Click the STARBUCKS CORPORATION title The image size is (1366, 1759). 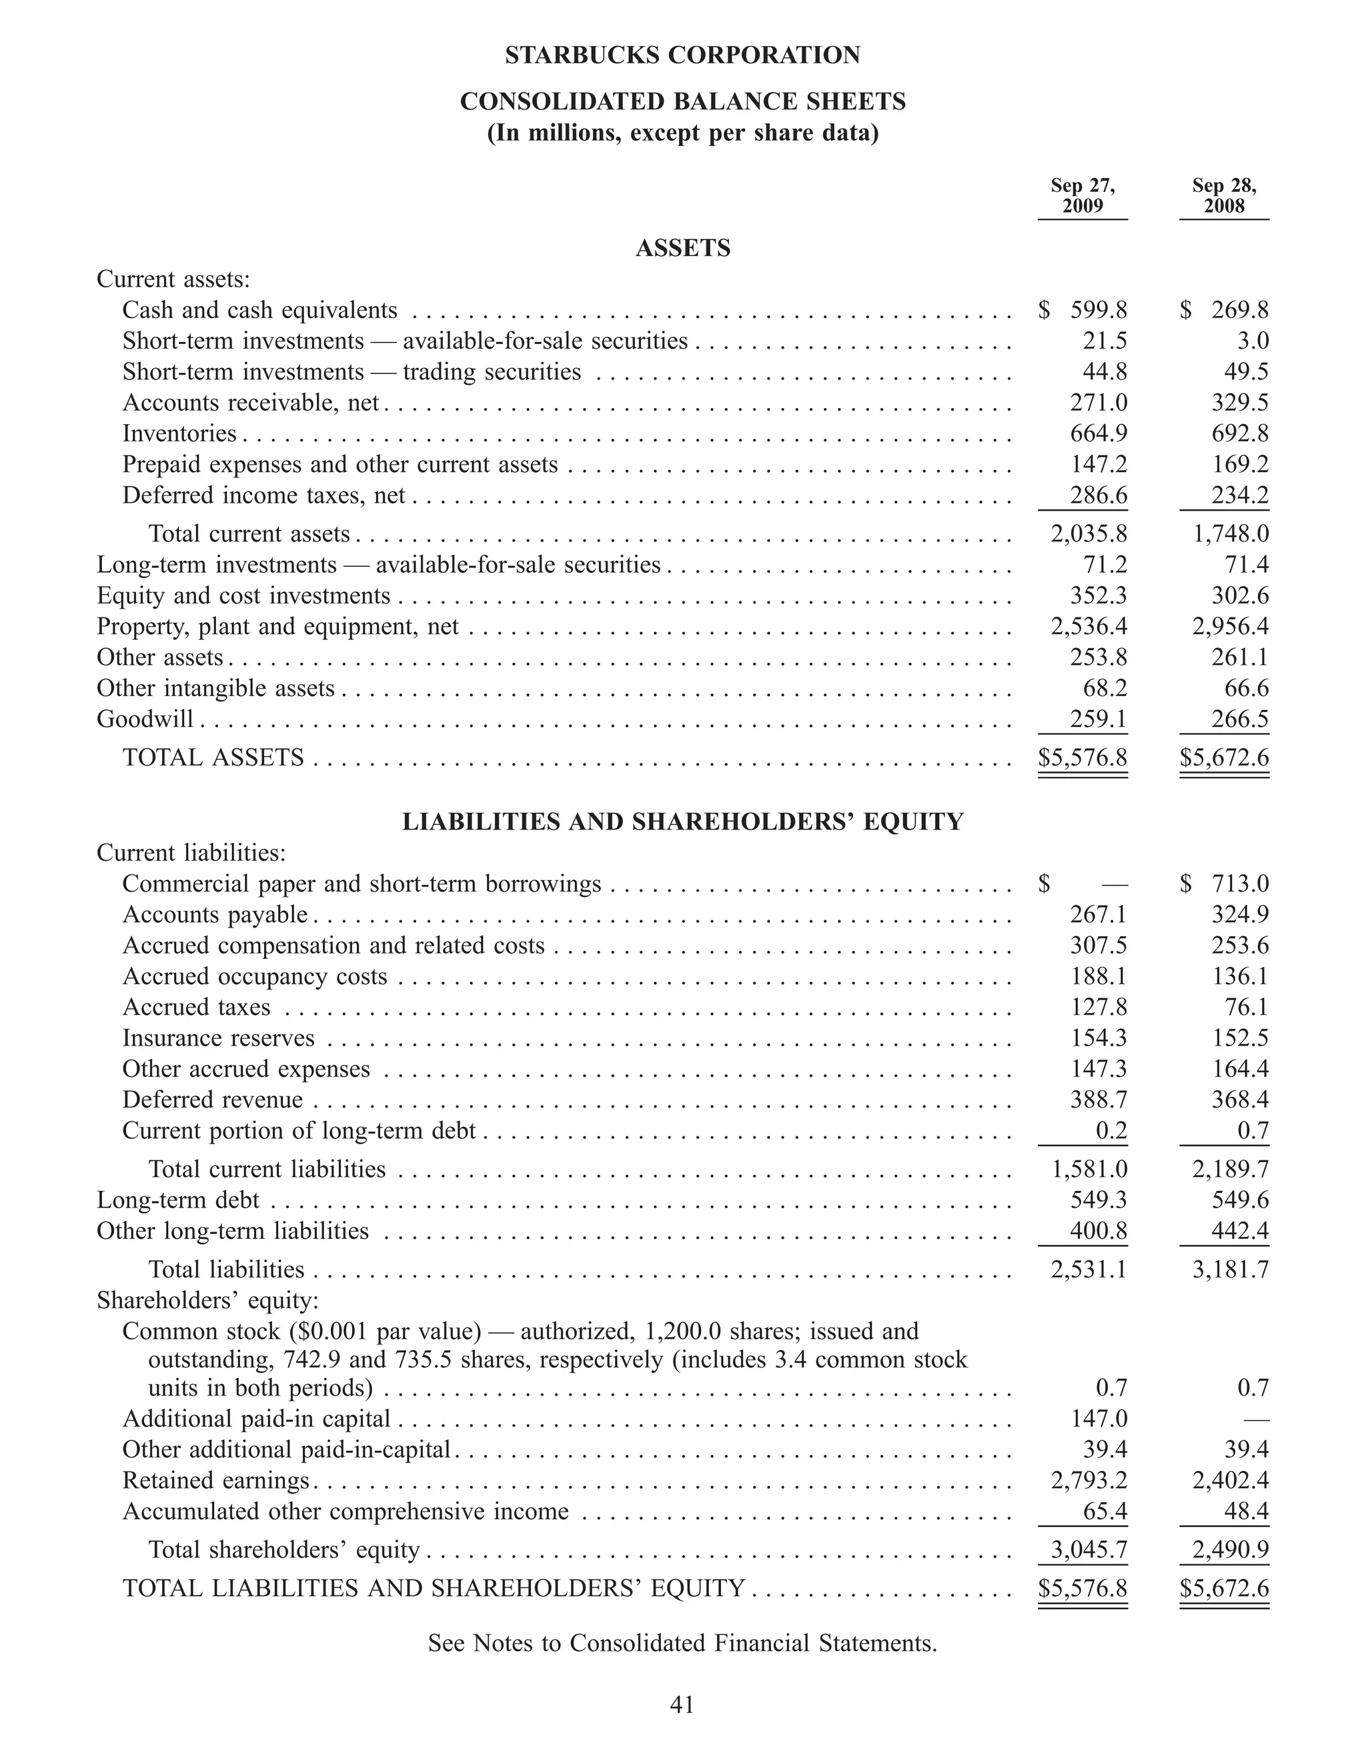682,55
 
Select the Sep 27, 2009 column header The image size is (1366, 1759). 1083,196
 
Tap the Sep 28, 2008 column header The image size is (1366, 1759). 1223,196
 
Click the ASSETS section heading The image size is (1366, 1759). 682,248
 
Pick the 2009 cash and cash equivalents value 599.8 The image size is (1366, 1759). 1098,310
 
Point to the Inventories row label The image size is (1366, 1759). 179,433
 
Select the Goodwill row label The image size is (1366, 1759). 145,718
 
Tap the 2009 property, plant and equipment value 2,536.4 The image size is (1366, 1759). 1088,626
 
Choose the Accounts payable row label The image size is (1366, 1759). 215,914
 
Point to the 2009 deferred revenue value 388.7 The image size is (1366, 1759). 1098,1100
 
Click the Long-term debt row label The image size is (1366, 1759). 178,1200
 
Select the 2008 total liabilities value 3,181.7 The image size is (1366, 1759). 1230,1270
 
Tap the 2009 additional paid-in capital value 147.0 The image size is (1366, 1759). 1098,1418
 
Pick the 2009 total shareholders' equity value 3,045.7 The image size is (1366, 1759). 1088,1550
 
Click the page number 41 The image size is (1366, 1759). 682,1704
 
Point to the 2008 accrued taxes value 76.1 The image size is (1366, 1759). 1246,1007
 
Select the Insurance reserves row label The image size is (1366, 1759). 218,1038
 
